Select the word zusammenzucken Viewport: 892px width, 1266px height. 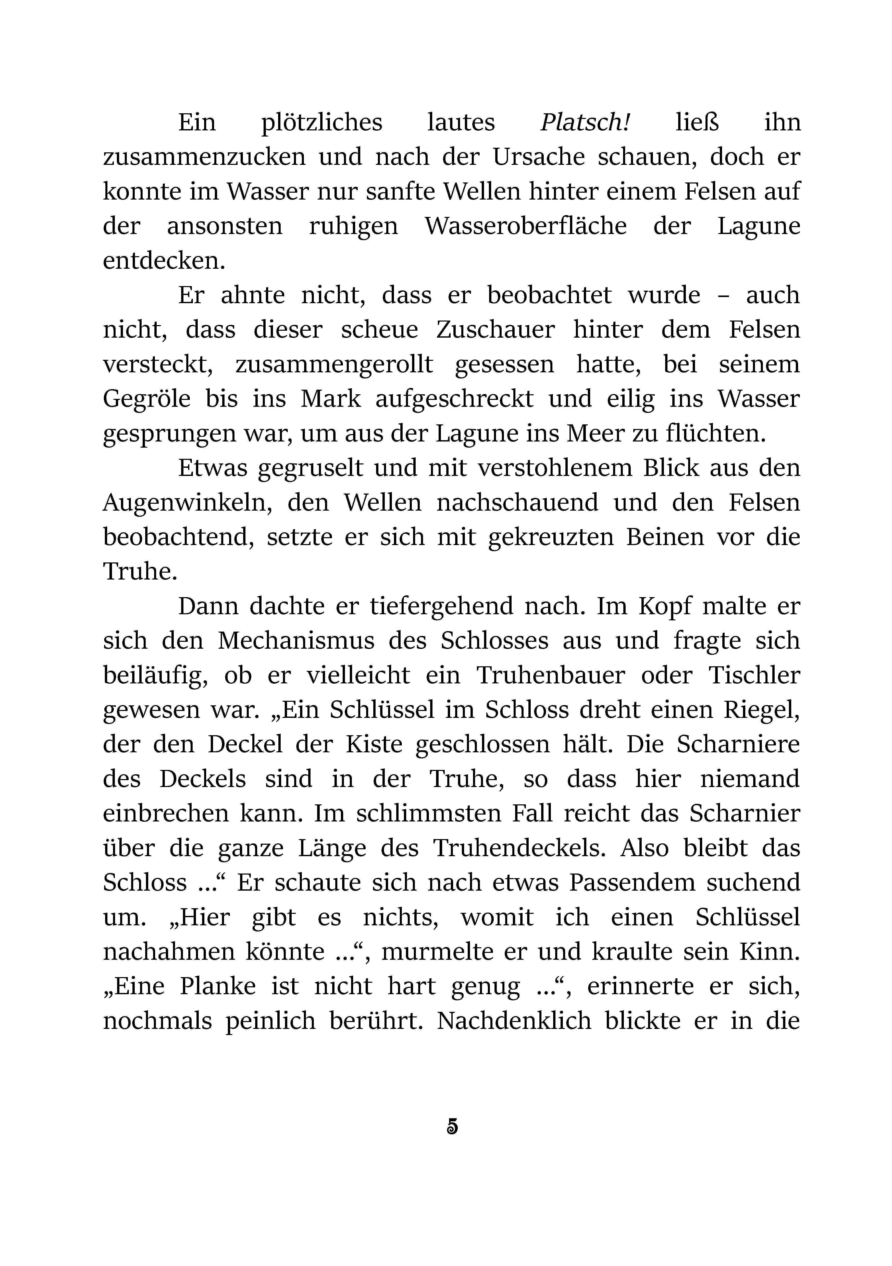click(205, 157)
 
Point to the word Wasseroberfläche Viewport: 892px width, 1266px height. click(525, 226)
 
